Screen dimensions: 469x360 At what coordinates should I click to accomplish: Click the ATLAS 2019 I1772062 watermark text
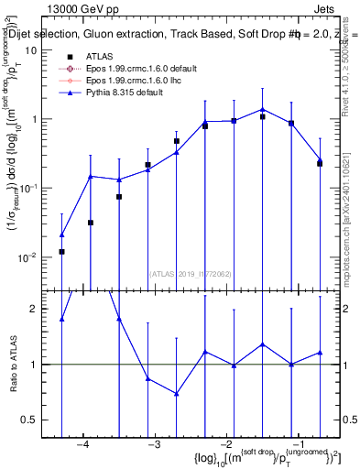[189, 273]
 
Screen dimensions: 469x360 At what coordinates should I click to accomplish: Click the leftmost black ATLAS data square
[61, 251]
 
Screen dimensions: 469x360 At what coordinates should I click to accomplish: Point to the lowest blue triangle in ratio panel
[176, 394]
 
